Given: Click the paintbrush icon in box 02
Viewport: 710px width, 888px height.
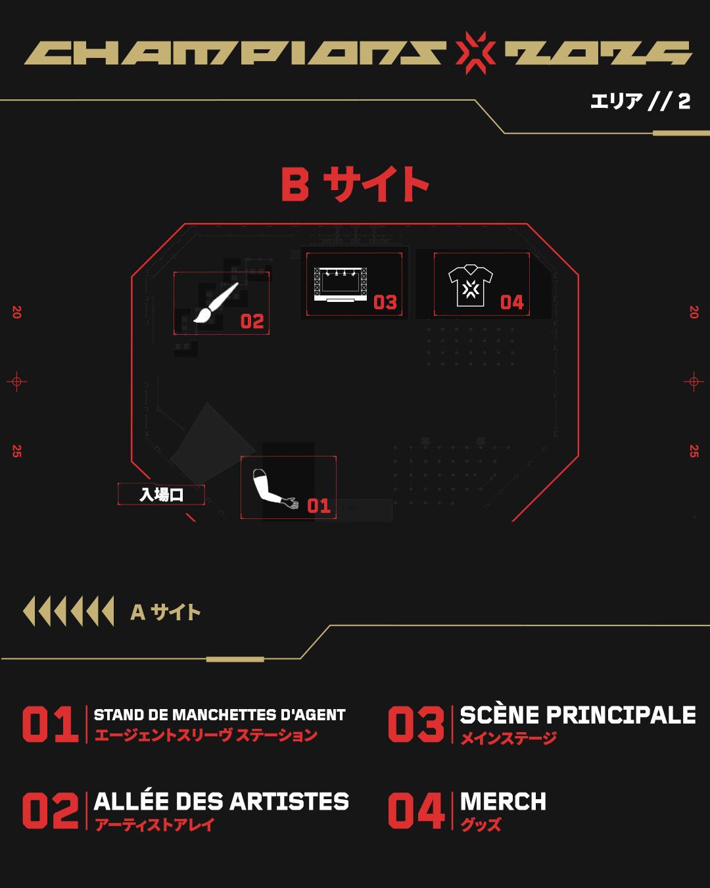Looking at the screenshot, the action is (216, 302).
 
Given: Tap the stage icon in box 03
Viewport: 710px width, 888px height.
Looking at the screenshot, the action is (341, 285).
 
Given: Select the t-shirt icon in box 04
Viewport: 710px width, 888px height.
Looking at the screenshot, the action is (471, 286).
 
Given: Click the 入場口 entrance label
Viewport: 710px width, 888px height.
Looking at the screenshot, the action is (161, 495).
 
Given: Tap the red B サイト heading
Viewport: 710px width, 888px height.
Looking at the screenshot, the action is (355, 184).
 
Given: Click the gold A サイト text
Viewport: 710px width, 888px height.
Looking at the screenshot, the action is (166, 612).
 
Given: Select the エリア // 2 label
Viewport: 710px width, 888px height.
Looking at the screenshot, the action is (640, 101).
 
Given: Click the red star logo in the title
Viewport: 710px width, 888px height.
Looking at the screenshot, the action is (475, 53).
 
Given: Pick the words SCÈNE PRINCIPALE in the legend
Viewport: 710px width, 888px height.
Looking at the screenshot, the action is (578, 715).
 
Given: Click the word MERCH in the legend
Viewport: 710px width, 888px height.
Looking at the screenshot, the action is (503, 801).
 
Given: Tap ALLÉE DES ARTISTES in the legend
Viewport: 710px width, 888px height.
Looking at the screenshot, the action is (221, 801).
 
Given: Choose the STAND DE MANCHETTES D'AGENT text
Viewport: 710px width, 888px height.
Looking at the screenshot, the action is (220, 715).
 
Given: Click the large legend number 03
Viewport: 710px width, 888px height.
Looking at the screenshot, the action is (416, 724).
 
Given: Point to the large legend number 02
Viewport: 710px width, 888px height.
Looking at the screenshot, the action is (51, 810).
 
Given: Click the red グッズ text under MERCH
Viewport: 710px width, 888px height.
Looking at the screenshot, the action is (480, 824).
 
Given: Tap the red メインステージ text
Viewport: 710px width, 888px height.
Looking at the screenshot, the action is (508, 738).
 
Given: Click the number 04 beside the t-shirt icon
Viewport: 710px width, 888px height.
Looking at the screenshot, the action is (512, 303).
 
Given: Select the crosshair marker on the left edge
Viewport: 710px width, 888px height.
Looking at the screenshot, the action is (16, 382).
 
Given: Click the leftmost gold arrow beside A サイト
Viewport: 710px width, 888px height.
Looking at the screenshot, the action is (30, 612).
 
